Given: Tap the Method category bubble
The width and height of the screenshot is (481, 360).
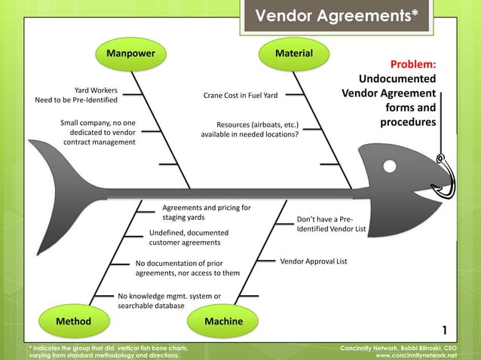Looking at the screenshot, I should tap(73, 322).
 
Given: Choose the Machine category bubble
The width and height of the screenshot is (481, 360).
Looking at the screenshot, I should tap(224, 322).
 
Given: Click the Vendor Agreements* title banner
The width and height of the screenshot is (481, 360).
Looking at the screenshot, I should tap(337, 16).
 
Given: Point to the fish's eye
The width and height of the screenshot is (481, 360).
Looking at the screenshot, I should tap(390, 164).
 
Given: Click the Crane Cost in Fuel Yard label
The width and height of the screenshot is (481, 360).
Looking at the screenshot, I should tap(240, 96).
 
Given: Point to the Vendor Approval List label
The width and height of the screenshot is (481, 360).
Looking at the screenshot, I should tap(314, 261).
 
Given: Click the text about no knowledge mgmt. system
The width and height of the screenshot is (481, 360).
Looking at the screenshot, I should tap(169, 301).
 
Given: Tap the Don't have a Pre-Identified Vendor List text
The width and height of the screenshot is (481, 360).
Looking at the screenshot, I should tap(331, 224).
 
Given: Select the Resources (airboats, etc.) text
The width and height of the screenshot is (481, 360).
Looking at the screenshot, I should tap(250, 130).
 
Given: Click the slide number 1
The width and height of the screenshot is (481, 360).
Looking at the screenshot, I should tap(445, 331).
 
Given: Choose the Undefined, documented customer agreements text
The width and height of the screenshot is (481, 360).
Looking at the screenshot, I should tap(185, 238).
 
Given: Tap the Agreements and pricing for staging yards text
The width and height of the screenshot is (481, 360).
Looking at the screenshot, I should tap(207, 212).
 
